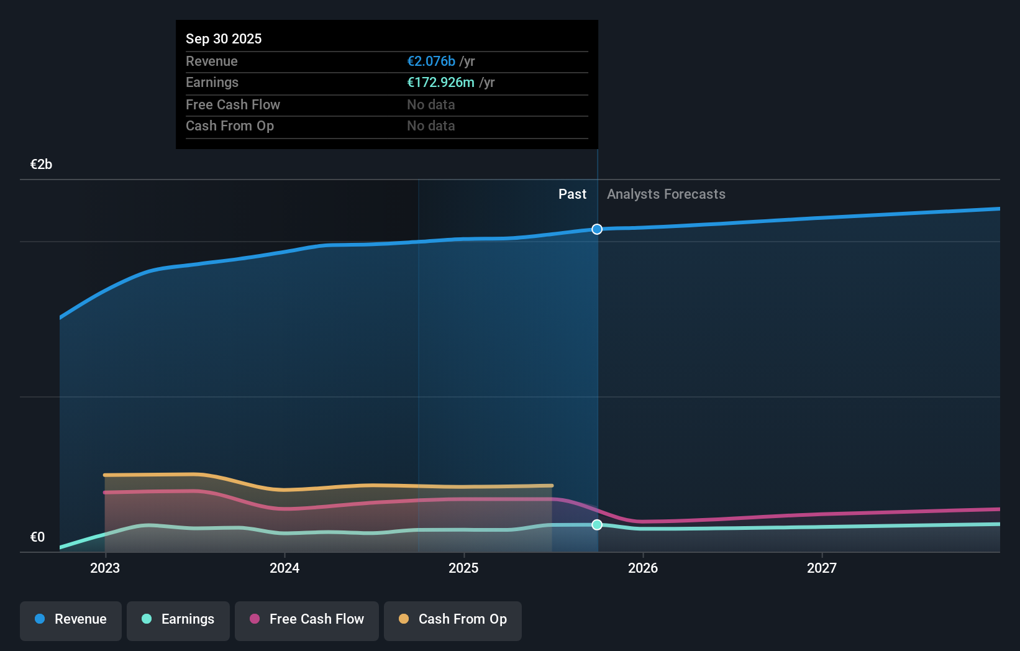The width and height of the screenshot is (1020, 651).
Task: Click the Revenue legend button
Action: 71,619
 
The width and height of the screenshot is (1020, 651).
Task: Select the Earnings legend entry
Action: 178,619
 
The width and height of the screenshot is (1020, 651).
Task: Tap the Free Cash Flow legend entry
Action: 307,619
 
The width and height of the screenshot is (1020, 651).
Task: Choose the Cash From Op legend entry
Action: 453,619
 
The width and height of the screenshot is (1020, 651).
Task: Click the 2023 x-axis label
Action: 105,568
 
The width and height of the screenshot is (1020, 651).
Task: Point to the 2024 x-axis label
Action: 285,568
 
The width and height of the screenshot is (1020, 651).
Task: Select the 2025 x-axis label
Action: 463,568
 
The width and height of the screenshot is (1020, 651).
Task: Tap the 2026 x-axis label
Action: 643,568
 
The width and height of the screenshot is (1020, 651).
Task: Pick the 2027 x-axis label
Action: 822,568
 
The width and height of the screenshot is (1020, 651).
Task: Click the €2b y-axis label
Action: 41,165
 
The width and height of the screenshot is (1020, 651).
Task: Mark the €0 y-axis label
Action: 37,537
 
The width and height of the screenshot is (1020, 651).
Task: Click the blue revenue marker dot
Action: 597,229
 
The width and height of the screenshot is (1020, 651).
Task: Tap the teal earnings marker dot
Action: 597,525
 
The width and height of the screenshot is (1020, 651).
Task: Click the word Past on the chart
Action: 572,194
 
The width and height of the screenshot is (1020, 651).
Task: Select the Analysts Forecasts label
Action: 666,194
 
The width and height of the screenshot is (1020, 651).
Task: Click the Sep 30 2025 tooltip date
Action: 224,39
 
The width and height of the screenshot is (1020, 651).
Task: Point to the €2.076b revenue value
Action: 431,61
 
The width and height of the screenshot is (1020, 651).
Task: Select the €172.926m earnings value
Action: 440,83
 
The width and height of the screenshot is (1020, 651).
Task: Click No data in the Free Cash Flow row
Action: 431,105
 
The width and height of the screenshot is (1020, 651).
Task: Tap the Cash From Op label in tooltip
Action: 230,126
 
